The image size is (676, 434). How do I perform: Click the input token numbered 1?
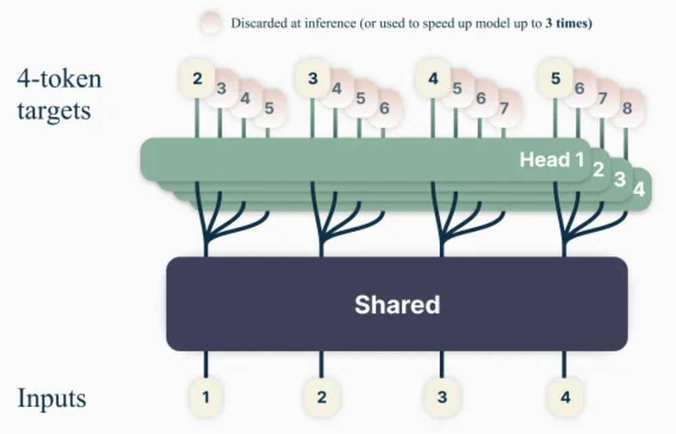(206, 396)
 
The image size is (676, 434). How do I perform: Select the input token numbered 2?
(321, 396)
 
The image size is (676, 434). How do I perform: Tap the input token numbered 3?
(441, 396)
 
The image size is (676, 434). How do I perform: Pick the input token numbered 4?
(564, 396)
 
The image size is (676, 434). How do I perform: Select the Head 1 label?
(551, 160)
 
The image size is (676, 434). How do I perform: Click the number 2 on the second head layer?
(598, 169)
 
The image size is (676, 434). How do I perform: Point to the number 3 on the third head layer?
(620, 180)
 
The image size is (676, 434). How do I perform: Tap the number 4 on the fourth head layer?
(639, 190)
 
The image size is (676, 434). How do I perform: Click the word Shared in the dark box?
(397, 304)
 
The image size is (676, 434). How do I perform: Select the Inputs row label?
(52, 398)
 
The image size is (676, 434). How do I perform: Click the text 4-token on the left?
(59, 79)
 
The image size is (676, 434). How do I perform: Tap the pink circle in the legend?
(210, 23)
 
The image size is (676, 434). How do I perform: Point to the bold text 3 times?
(569, 23)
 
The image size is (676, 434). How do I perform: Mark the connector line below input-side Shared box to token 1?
(206, 365)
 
